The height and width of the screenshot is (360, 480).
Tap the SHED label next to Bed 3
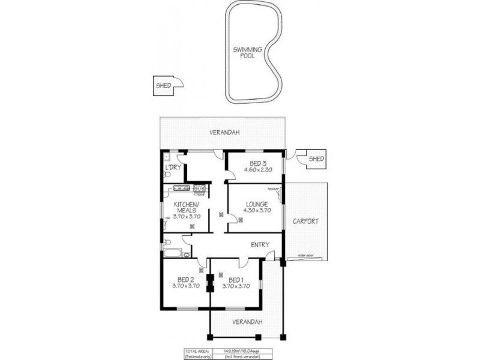point(316,159)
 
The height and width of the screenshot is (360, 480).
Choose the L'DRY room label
point(173,167)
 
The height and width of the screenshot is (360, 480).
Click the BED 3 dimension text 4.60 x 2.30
point(257,170)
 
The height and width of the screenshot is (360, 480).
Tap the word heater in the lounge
point(274,190)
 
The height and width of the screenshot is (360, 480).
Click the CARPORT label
point(305,221)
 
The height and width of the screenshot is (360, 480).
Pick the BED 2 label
point(185,279)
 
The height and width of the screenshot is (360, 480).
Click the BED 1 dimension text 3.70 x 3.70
point(235,287)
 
